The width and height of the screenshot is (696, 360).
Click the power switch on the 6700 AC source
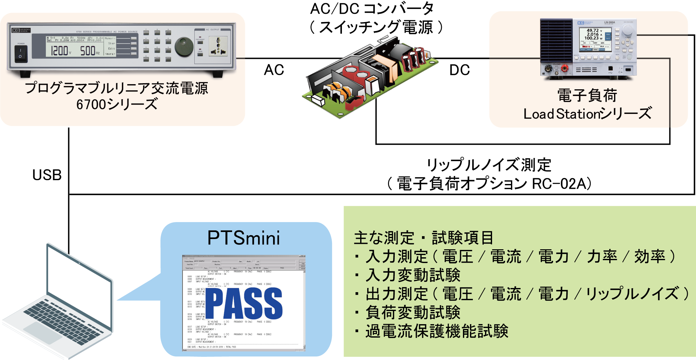point(21,53)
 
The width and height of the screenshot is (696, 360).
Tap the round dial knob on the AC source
point(184,47)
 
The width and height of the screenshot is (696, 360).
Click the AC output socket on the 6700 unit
point(218,46)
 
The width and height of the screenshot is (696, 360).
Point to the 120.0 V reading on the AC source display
point(61,51)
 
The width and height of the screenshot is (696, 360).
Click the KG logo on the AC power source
point(16,30)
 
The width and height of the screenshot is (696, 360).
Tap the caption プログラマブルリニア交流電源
point(117,88)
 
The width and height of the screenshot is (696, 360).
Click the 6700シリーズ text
point(117,104)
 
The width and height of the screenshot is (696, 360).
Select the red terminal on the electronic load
point(564,68)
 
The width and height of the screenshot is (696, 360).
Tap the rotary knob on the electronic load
point(627,30)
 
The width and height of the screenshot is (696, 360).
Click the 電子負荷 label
point(587,95)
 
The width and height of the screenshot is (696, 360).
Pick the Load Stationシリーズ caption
point(587,114)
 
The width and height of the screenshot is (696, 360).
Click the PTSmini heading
point(244,238)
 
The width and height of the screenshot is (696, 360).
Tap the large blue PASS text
point(244,303)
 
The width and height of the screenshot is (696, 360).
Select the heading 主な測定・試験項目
point(423,238)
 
